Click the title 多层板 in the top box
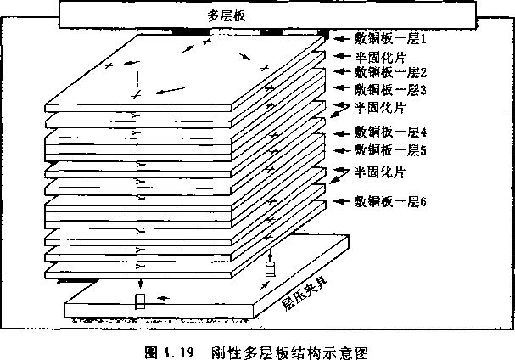[227, 15]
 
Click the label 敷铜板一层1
[390, 39]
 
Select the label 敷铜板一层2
[390, 72]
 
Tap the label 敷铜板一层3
[390, 89]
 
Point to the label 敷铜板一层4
[390, 132]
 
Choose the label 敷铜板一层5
[390, 150]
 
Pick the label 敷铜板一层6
[390, 201]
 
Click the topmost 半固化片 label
[380, 58]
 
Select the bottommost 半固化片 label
[380, 172]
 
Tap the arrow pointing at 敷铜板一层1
[341, 39]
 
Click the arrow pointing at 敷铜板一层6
[342, 201]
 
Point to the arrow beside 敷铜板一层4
[342, 133]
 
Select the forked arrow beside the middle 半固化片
[340, 110]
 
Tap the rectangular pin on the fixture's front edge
[140, 301]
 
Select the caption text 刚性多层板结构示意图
[289, 352]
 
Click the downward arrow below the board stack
[141, 284]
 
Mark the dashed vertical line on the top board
[137, 80]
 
